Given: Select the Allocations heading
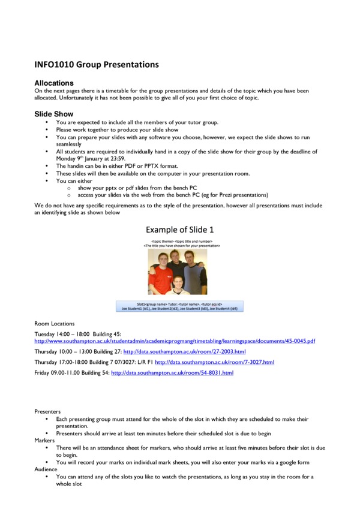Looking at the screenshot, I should point(54,83).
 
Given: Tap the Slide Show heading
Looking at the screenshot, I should point(54,114).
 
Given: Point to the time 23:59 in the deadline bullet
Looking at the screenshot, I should point(116,159).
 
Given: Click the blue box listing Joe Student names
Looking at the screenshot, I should point(179,306).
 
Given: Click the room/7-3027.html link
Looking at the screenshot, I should point(214,362).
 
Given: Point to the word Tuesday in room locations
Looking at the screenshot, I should point(45,333).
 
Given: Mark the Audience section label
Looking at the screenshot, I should point(46,469).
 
